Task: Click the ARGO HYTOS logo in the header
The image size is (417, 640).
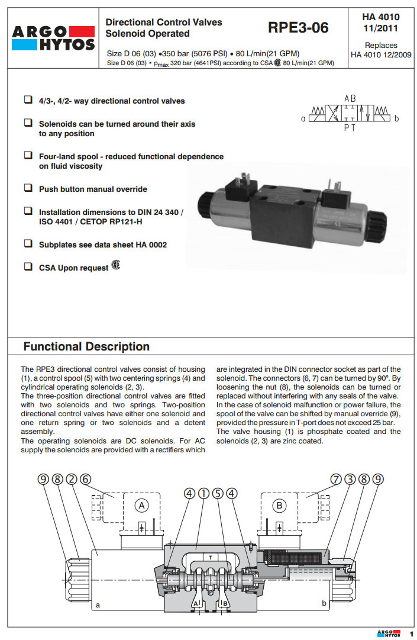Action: (52, 38)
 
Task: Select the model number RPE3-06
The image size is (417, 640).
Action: (298, 27)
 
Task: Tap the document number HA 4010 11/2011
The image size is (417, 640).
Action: (380, 22)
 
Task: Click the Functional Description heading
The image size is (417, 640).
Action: (86, 346)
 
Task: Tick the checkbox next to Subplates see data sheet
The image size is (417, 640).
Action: (28, 243)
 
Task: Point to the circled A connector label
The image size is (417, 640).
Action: (140, 505)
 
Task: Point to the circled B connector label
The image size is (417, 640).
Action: (279, 505)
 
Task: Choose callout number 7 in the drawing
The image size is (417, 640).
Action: (336, 480)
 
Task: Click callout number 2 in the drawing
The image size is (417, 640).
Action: (72, 480)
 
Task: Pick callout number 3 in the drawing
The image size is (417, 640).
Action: (350, 480)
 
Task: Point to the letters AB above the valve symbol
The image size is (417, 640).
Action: (350, 98)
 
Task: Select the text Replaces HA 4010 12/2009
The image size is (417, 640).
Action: (381, 50)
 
